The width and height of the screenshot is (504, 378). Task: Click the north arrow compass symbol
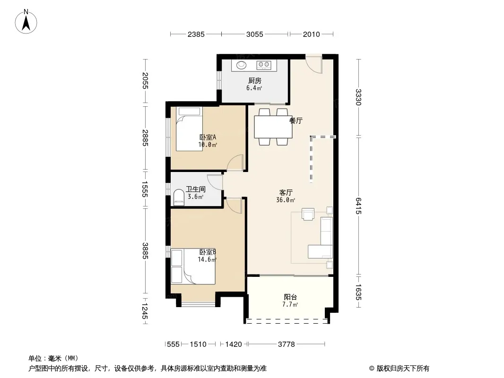point(26,21)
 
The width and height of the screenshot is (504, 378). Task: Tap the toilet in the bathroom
point(179,197)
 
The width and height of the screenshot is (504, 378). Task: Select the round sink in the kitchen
point(242,65)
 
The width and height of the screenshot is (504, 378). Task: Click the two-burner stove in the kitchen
point(264,65)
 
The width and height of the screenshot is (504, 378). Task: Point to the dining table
point(273,127)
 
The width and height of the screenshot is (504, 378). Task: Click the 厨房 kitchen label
point(254,81)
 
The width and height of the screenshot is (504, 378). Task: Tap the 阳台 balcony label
point(290,297)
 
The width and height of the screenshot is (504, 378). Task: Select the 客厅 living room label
point(286,193)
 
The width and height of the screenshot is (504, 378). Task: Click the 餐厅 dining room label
point(296,121)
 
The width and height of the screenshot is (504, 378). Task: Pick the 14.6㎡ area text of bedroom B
point(207,259)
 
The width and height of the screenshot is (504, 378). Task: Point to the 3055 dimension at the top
point(254,34)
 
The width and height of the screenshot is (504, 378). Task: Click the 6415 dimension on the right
point(359,206)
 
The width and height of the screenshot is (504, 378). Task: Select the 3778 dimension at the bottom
point(287,344)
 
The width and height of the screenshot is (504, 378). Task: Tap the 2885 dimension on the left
point(145,138)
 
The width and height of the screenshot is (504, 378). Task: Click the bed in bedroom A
point(189,129)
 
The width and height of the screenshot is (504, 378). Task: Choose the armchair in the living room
point(308,214)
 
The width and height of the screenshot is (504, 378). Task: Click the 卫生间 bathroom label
point(196,189)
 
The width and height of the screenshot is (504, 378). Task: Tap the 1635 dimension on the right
point(359,292)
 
